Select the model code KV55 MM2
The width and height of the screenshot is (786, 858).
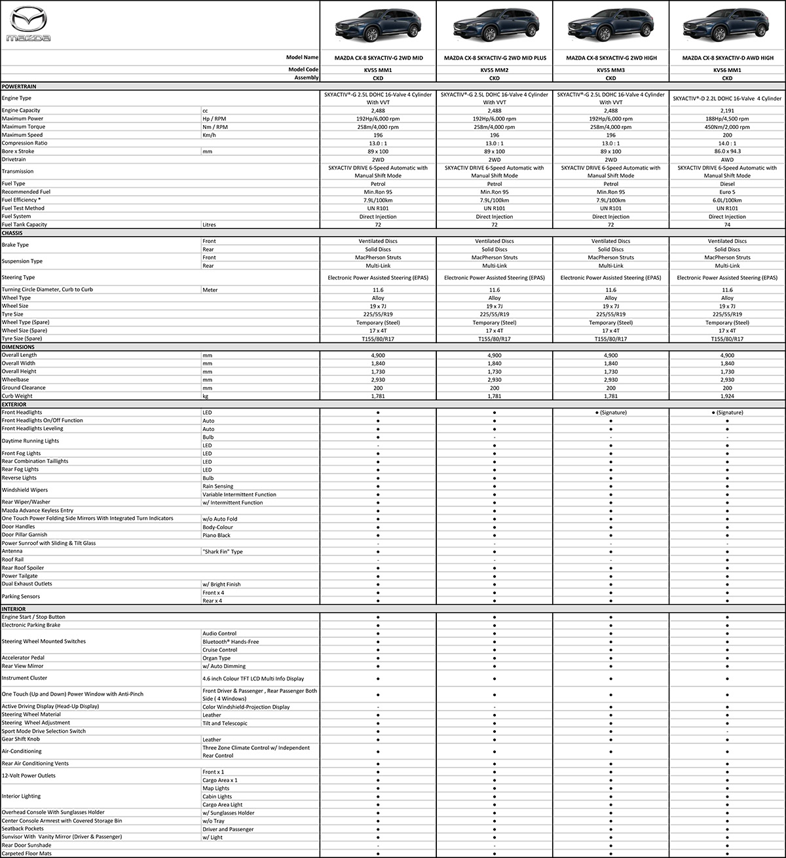click(495, 69)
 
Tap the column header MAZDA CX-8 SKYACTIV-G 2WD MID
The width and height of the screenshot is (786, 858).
click(378, 58)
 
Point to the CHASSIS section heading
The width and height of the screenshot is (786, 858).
click(12, 233)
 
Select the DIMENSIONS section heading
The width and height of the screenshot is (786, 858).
click(18, 346)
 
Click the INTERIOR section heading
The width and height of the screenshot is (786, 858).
click(14, 608)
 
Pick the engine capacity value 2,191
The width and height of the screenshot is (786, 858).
click(727, 111)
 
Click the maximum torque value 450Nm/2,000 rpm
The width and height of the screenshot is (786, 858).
click(727, 127)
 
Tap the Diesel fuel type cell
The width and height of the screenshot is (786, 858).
click(727, 184)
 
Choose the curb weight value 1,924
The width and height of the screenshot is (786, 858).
click(727, 396)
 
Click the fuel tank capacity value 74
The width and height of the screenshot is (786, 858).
click(727, 225)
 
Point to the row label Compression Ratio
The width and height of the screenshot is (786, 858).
click(25, 143)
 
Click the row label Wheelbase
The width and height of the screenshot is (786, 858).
click(15, 379)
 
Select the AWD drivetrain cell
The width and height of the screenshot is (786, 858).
click(727, 159)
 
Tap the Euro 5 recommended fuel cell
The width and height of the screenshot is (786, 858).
click(727, 192)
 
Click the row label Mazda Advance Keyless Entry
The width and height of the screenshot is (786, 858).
click(37, 510)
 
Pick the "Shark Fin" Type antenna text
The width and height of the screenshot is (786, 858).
click(223, 551)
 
